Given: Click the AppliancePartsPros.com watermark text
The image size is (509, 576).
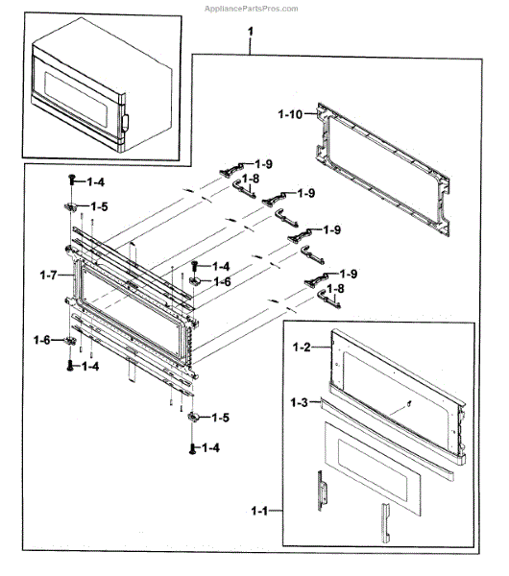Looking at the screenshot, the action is pos(251,9).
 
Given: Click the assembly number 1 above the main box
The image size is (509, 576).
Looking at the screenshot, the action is pos(251,32).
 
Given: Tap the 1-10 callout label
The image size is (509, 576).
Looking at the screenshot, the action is pos(290,114).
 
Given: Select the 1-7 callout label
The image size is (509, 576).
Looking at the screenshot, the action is pos(49,275).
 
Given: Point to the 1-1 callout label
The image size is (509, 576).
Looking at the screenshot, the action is pos(260,511).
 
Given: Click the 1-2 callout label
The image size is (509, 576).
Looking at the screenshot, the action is pos(302,347).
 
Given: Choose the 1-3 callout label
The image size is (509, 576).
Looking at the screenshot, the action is pos(299,402).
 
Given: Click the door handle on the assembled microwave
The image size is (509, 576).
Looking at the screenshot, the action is pos(126,123).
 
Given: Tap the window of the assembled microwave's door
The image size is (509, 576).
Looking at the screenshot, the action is pos(76,99).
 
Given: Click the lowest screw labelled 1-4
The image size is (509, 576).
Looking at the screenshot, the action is pos(192,448).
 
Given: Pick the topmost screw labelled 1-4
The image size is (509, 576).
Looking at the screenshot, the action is pos(72,180).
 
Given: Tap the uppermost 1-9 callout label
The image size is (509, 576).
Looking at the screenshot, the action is pos(264,164).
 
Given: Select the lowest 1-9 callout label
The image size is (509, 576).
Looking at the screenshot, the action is pos(349,274).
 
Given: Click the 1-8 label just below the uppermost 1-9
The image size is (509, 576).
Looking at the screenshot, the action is pos(251,179).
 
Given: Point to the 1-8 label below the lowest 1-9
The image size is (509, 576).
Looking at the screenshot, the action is pos(335,289).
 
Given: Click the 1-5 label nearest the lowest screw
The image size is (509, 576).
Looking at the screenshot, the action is pos(221,418).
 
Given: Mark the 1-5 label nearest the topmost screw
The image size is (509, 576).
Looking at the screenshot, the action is pos(99,206).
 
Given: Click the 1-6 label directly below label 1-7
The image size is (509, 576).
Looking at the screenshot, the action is pos(42,340).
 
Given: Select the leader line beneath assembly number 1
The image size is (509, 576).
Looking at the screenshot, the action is pos(251,46).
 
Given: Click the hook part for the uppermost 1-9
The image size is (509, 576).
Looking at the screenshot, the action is pos(230,170).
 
